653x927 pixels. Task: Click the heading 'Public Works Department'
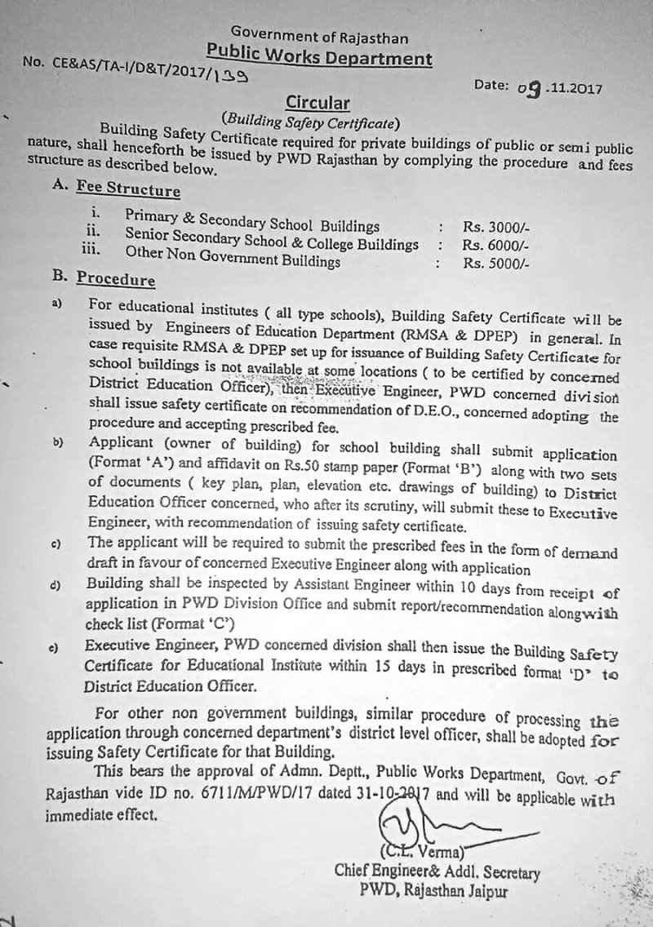(x=319, y=57)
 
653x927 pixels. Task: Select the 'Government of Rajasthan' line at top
(x=319, y=34)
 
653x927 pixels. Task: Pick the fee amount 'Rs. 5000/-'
(x=496, y=263)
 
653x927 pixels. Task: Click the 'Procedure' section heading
(x=115, y=280)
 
